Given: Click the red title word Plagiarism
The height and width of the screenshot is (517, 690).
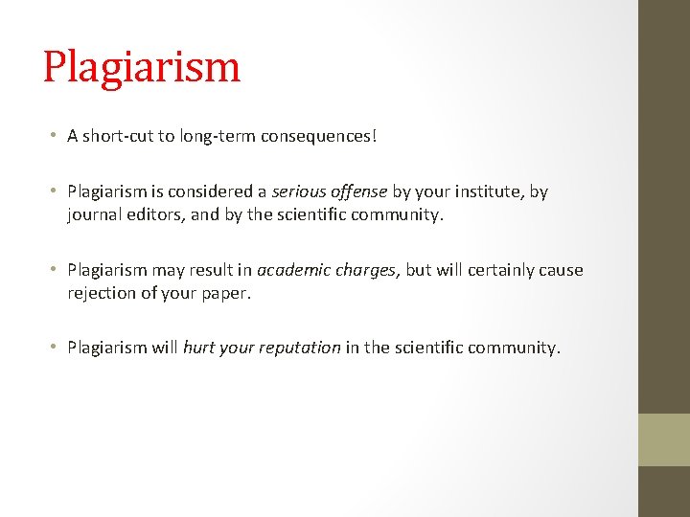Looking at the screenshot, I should (142, 67).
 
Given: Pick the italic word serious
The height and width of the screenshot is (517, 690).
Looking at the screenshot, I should (299, 191).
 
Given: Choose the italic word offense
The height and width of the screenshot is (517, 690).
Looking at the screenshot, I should (359, 191).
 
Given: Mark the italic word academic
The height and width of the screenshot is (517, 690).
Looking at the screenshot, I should (292, 270).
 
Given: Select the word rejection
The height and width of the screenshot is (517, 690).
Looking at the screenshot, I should (103, 293).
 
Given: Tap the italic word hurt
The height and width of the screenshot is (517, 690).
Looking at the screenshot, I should (198, 348).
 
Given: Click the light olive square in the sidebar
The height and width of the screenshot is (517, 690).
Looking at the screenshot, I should (664, 439).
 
